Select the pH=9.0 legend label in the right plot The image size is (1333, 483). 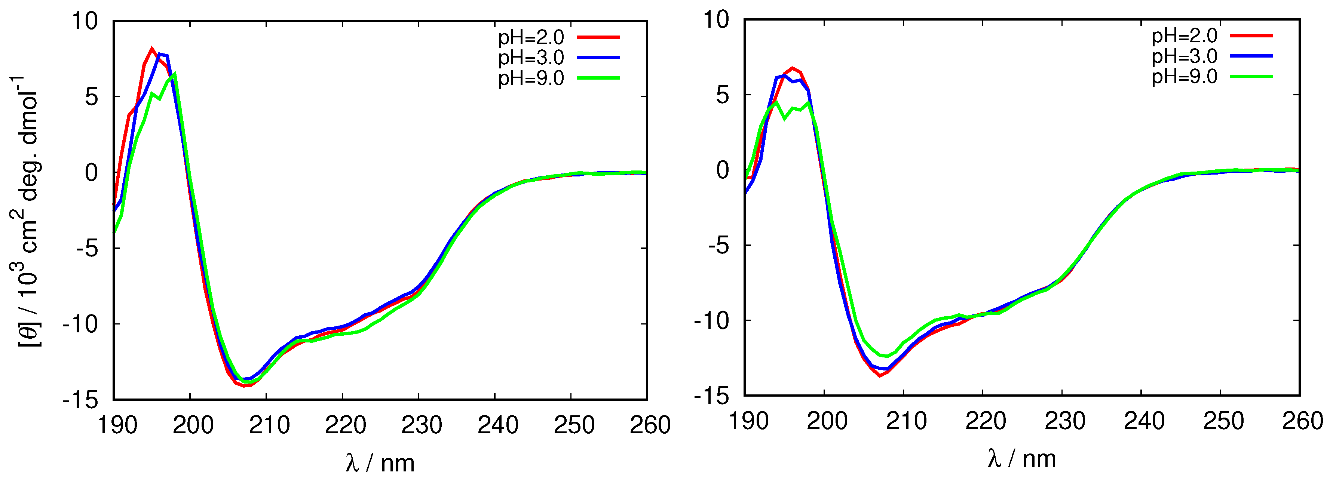(x=1184, y=77)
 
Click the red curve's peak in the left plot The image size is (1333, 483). (x=151, y=49)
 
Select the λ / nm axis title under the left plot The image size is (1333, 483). (x=380, y=462)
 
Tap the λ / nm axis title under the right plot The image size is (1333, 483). (x=1021, y=458)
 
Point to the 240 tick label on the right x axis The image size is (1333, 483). (x=1144, y=421)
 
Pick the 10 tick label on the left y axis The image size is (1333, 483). (x=85, y=22)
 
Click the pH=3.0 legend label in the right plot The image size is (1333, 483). (x=1184, y=56)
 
